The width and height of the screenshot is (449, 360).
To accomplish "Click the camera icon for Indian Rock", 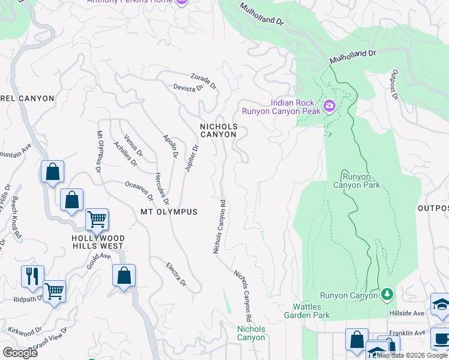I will tap(329, 106).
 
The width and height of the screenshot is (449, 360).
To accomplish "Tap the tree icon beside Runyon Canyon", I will tap(388, 294).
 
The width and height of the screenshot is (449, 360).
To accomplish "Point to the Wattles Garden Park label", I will tap(307, 311).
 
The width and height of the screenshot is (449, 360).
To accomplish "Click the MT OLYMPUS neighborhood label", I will tap(169, 212).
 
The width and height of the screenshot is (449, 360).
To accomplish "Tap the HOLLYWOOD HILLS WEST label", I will tap(98, 242).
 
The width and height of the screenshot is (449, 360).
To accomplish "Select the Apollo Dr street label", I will tap(171, 146).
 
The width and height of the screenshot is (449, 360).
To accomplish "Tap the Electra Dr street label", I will tap(176, 274).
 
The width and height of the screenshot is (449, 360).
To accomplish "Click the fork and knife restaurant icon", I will tap(32, 276).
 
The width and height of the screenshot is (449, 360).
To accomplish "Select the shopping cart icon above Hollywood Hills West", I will tap(96, 220).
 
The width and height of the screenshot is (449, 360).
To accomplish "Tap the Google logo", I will tap(20, 352).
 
